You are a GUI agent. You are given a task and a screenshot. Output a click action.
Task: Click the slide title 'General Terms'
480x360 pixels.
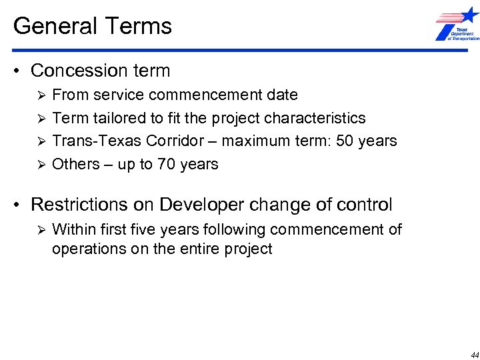93,26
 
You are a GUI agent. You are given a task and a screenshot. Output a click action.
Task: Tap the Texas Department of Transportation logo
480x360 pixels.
457,25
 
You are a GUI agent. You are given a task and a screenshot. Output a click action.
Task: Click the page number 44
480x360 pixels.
474,355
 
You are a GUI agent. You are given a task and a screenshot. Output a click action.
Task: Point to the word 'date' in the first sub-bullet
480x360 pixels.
282,95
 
